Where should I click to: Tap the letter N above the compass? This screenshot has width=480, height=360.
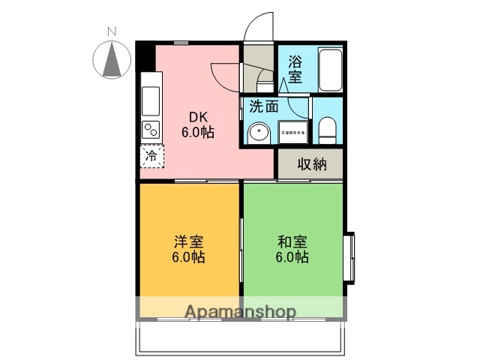point(112,31)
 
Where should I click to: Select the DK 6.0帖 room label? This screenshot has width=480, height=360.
point(198,124)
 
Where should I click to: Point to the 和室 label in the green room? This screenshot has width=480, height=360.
point(292,249)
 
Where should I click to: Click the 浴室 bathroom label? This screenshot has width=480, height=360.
point(295,67)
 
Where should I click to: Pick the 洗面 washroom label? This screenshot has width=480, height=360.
point(264,106)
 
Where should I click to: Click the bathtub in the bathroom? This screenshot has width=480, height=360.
point(330,69)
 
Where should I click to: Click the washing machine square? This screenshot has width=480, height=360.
point(294,131)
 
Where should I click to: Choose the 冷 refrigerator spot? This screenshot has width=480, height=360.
point(151,157)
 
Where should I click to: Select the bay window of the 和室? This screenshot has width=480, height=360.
point(349,259)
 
